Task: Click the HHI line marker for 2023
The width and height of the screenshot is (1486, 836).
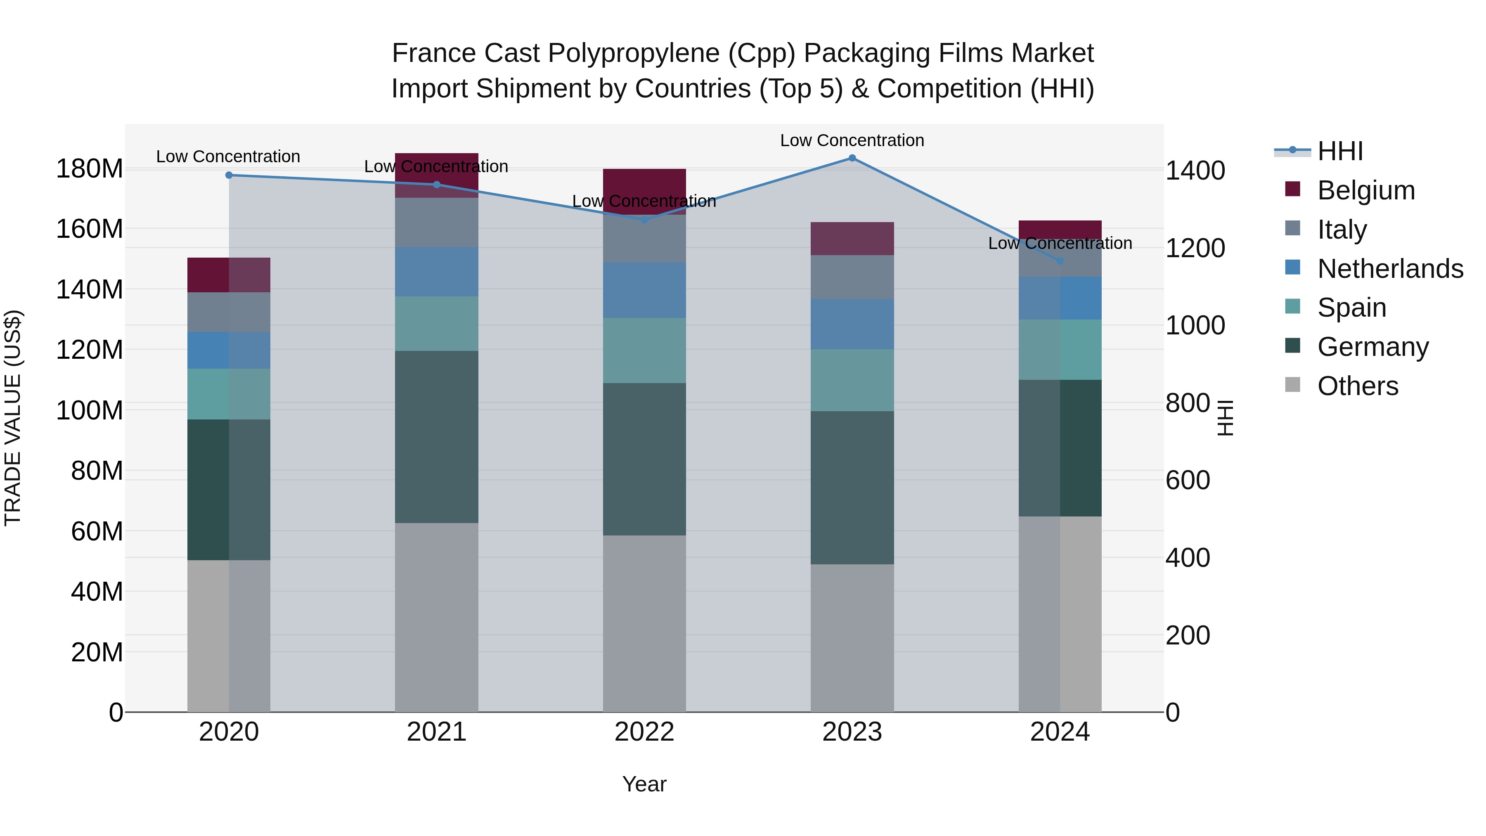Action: (x=852, y=158)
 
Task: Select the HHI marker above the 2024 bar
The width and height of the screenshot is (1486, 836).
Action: (x=1060, y=261)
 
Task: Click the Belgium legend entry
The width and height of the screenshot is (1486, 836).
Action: (x=1365, y=190)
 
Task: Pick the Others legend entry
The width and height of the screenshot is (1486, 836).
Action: (x=1357, y=386)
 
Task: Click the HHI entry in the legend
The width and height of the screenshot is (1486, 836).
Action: (x=1340, y=151)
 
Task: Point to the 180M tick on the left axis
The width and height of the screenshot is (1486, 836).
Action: (x=90, y=169)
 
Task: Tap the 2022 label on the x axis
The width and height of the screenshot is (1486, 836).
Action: (x=644, y=732)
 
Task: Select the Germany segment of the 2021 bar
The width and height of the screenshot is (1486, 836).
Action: (x=437, y=437)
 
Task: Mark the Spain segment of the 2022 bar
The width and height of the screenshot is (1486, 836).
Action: (x=644, y=350)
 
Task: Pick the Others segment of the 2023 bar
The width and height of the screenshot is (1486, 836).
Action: (x=852, y=637)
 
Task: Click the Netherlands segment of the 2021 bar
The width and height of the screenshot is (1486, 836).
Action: (x=437, y=272)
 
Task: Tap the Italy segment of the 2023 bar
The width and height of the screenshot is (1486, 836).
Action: (x=852, y=277)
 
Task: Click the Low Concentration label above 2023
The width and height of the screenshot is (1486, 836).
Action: (x=852, y=141)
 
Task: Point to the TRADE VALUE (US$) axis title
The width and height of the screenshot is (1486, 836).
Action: (x=13, y=418)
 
